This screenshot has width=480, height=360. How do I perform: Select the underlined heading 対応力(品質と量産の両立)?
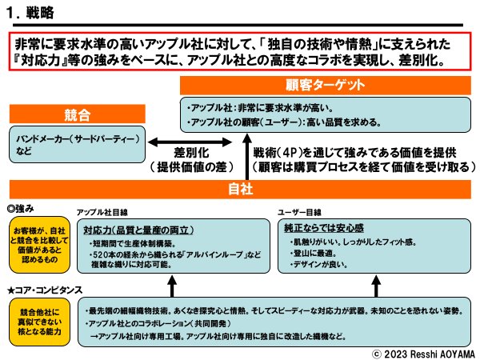[134, 229]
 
